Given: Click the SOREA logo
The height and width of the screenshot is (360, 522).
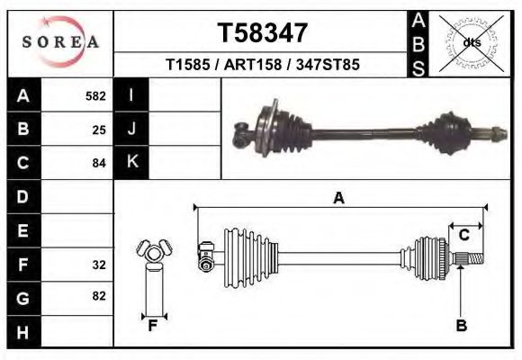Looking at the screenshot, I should (x=60, y=42).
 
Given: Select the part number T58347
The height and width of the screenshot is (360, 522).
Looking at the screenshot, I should (x=264, y=33).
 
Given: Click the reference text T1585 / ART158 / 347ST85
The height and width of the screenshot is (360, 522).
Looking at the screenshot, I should (x=264, y=67).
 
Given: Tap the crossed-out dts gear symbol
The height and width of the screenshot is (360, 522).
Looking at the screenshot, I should (x=472, y=42).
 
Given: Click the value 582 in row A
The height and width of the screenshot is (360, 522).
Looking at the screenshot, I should (x=95, y=95).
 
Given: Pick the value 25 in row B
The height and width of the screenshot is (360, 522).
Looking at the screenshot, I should (x=99, y=130).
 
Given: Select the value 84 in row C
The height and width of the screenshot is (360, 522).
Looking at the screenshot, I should (x=99, y=164).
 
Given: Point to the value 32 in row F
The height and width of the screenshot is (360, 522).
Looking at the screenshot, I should (x=99, y=265).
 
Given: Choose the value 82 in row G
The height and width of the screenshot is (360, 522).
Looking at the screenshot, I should (x=99, y=296).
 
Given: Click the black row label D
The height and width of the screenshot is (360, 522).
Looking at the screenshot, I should (x=23, y=197).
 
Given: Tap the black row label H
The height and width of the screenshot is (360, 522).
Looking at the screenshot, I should (x=23, y=332).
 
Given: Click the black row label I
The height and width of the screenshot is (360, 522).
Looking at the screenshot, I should (x=131, y=95).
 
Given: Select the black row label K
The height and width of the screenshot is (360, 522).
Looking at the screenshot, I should (x=131, y=162).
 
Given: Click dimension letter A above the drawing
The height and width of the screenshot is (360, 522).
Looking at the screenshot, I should (x=338, y=198).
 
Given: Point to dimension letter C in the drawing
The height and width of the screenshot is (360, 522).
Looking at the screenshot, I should (x=464, y=236).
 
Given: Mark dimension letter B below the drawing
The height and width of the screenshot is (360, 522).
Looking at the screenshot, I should (x=461, y=326).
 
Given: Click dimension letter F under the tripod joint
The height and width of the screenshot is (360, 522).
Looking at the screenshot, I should (x=153, y=326).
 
